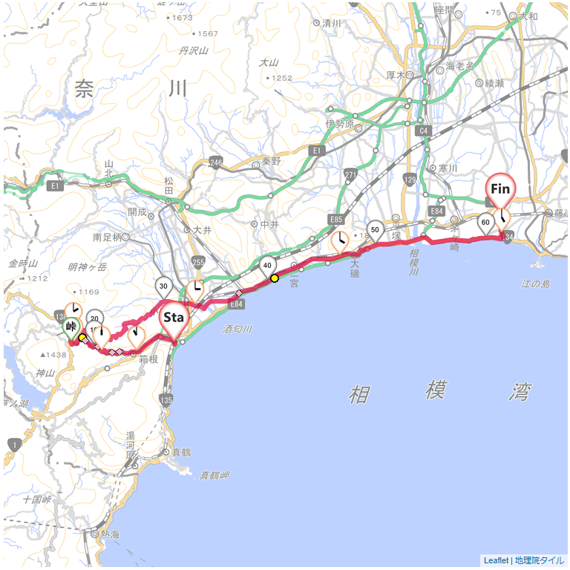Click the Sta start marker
pos(173,318)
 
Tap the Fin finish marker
pos(500,189)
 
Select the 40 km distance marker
pos(267,266)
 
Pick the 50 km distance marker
pos(376,229)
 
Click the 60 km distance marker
pos(486,222)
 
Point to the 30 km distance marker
pos(164,286)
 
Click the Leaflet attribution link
pos(496,561)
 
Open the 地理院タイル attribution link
pos(540,561)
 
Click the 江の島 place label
pos(536,284)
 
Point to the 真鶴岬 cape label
pos(214,474)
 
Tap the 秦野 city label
pos(272,161)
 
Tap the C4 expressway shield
pos(424,131)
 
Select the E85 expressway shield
pos(336,220)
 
